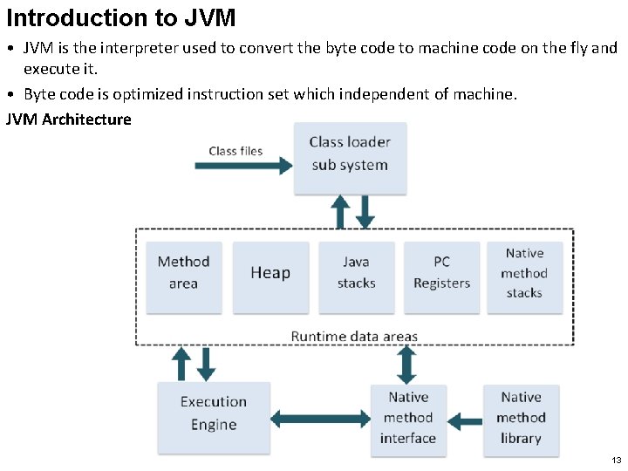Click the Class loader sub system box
coord(350,158)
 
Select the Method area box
coord(183,276)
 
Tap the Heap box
coord(270,276)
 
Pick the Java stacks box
coord(356,276)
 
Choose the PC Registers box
coord(441,276)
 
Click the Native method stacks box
coord(524,276)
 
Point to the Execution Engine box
coord(214,418)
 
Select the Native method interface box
coord(408,420)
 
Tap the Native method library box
coord(521,420)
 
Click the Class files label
coord(235,151)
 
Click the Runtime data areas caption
coord(354,337)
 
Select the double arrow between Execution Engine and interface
coord(321,420)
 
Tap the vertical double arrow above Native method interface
coord(406,365)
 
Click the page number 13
coord(616,460)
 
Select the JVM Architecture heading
coord(69,119)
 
